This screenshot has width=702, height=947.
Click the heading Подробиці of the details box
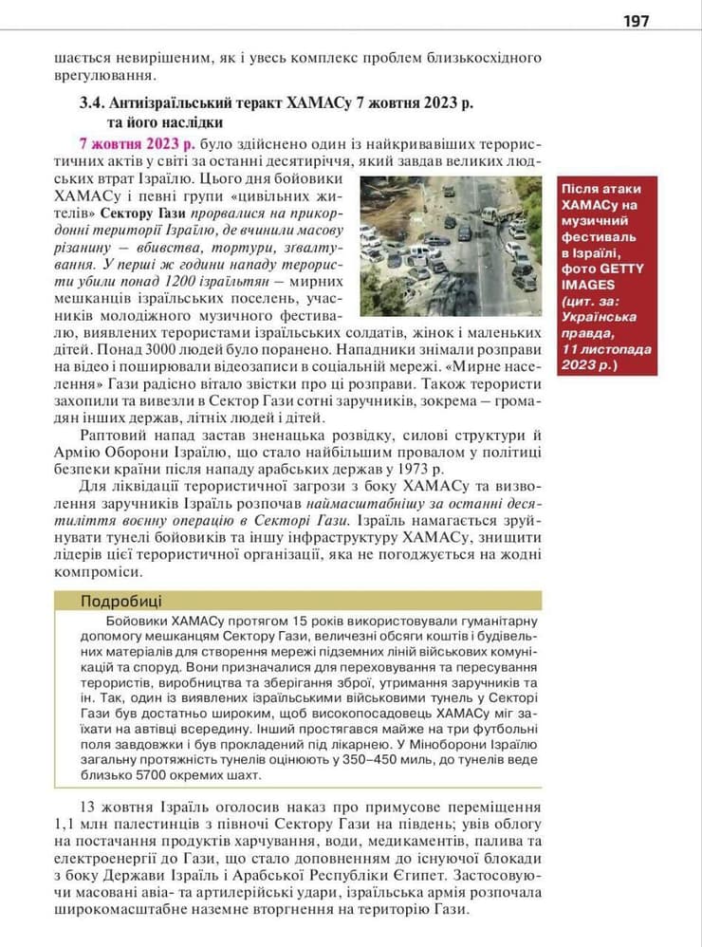pyautogui.click(x=121, y=601)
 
